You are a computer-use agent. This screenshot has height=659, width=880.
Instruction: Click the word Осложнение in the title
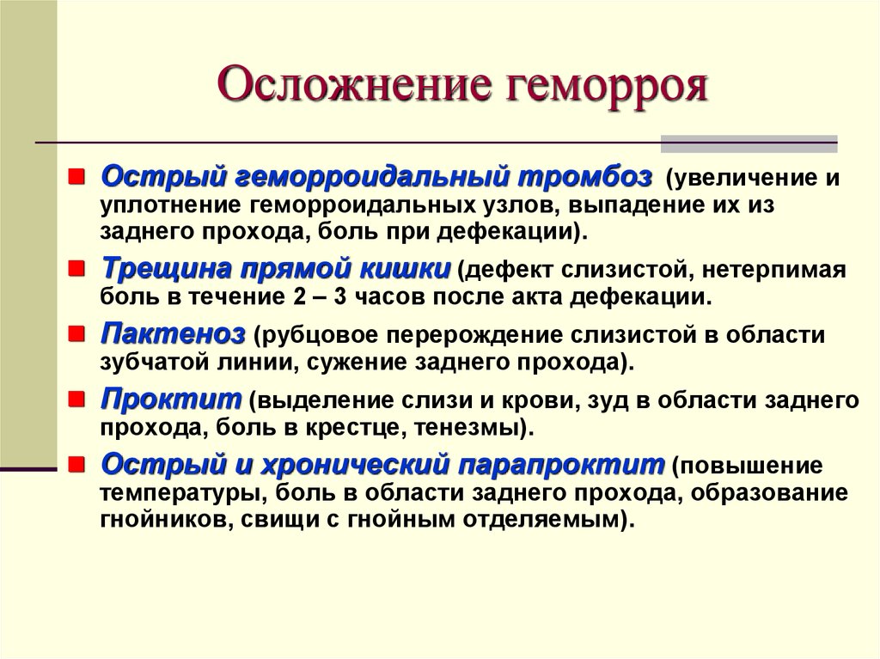[x=349, y=85]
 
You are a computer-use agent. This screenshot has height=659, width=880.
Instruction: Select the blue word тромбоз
[x=584, y=178]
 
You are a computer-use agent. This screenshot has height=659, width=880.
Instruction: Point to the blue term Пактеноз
[x=173, y=334]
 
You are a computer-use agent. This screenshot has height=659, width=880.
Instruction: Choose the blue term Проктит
[x=171, y=400]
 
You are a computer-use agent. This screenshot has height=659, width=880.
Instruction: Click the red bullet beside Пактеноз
[x=76, y=335]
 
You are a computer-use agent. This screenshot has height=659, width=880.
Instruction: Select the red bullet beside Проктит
[x=76, y=400]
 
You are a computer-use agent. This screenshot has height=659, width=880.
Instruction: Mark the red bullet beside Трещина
[x=76, y=270]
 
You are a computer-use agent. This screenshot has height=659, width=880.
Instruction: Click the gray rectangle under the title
[x=749, y=143]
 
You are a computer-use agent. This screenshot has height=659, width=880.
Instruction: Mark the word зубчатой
[x=156, y=363]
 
